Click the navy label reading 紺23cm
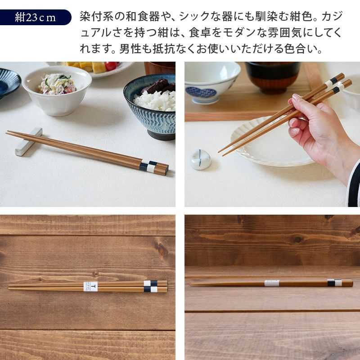point(36,18)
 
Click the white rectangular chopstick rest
point(29,141)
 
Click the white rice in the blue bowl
point(155,100)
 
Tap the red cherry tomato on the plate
point(111,66)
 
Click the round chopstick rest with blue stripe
point(200,159)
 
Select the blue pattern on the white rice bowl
point(201,92)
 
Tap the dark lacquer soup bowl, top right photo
point(273,77)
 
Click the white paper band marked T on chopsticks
point(90,286)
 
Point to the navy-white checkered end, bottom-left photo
point(151,286)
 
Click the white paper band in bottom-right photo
point(272,283)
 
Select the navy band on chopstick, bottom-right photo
point(331,283)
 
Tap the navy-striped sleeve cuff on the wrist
point(354,184)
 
